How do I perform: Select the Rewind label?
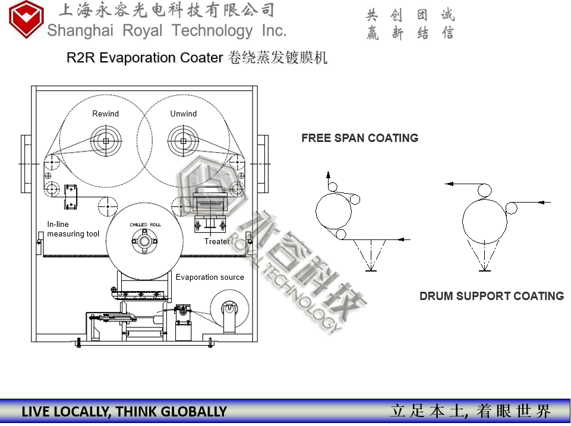(105, 113)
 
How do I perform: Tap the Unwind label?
(184, 113)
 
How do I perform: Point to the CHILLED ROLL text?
(146, 225)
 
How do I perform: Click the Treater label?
(216, 241)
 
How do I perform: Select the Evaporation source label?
(210, 277)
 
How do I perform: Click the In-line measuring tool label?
(73, 229)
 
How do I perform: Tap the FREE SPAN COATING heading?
(359, 138)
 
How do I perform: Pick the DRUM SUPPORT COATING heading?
(491, 296)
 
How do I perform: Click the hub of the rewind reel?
(105, 141)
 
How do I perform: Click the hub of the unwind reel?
(184, 141)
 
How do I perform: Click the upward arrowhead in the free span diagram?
(327, 174)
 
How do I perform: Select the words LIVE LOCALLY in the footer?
(65, 412)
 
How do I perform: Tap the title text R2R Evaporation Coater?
(145, 58)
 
